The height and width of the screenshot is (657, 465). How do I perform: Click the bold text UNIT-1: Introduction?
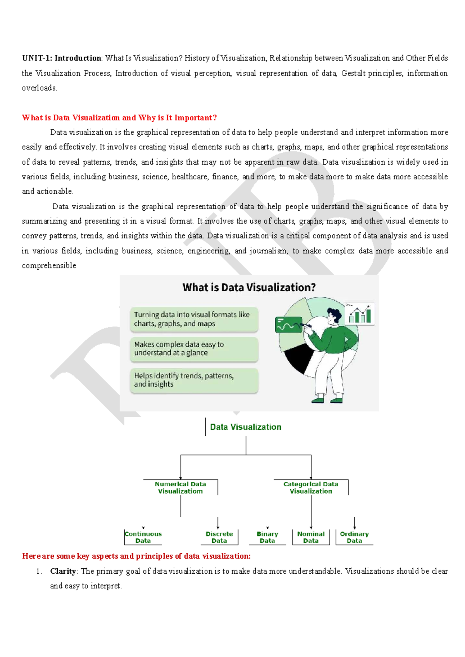click(x=61, y=58)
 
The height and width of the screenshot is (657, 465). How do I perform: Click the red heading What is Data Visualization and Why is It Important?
click(x=119, y=118)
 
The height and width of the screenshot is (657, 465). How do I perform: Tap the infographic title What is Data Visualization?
click(x=249, y=287)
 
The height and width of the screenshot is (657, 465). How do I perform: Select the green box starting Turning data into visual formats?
click(x=194, y=319)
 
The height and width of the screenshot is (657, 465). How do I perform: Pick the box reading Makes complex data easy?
click(x=194, y=349)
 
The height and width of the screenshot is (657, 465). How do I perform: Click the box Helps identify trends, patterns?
click(x=194, y=380)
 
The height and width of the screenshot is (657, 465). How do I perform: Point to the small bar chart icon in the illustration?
click(x=360, y=314)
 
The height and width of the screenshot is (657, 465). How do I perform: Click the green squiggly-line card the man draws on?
click(x=288, y=325)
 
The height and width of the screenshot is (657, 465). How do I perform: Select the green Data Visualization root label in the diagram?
click(x=246, y=427)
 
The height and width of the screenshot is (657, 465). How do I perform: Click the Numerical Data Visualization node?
click(x=180, y=488)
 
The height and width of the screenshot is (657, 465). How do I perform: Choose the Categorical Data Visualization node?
click(x=311, y=488)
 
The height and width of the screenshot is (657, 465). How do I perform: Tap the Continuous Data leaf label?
click(x=143, y=537)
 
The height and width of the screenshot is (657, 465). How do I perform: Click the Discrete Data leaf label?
click(x=219, y=537)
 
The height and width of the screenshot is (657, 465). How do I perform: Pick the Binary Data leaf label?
click(x=267, y=537)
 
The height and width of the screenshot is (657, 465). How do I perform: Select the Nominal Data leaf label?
click(x=311, y=537)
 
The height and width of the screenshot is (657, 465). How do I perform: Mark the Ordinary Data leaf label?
click(x=354, y=537)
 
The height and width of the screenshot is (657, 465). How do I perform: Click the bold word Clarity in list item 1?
click(x=63, y=571)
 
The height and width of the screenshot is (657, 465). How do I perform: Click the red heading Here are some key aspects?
click(x=136, y=556)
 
